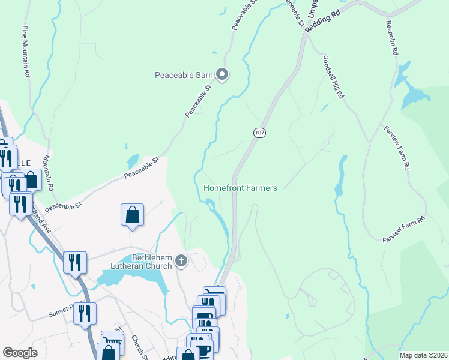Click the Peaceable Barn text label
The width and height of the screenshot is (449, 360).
[x=184, y=75]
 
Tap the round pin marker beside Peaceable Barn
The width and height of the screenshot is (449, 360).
[x=222, y=75]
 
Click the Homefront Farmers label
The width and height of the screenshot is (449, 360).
[x=240, y=188]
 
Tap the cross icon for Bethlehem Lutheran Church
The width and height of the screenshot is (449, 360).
[x=182, y=262]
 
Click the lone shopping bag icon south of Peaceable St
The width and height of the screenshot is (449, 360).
[x=132, y=214]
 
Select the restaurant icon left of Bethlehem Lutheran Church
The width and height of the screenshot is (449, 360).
[x=75, y=262]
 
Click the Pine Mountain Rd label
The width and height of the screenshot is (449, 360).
[x=26, y=52]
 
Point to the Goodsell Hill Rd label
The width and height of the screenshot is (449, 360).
[x=333, y=77]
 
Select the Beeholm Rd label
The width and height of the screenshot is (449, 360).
[x=391, y=40]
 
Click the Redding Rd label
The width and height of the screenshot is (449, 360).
[x=323, y=21]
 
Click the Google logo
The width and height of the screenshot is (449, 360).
[x=20, y=353]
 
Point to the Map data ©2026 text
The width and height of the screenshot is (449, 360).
[x=423, y=355]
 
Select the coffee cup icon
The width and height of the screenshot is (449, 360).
[x=202, y=350]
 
